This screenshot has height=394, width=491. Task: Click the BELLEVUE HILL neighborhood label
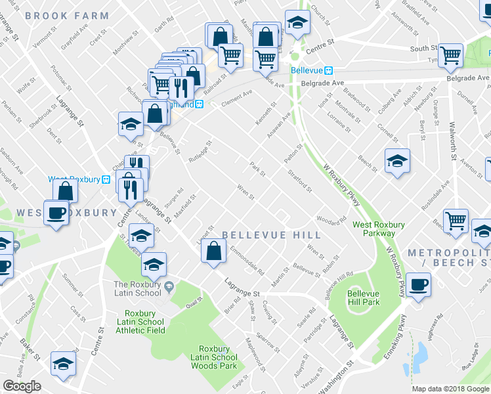point(271,235)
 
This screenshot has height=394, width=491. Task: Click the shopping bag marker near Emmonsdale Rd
point(213,251)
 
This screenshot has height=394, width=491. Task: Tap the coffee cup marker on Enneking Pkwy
point(418,284)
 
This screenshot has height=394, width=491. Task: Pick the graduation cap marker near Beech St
point(397,161)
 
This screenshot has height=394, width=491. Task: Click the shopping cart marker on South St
point(451,56)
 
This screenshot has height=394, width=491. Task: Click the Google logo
point(22,386)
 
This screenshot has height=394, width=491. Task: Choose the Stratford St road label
point(300,181)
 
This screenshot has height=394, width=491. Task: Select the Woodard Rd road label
point(331,219)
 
